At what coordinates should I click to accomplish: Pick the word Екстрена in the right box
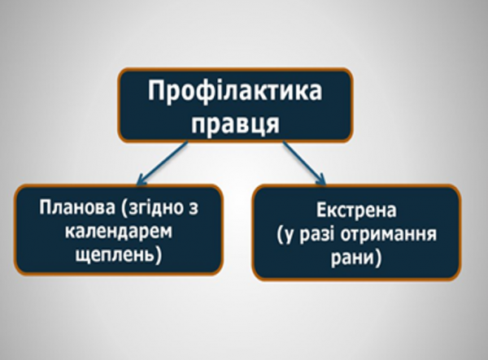pyautogui.click(x=356, y=214)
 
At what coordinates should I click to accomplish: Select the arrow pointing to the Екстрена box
pyautogui.click(x=305, y=163)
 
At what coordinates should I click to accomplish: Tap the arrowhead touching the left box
pyautogui.click(x=140, y=180)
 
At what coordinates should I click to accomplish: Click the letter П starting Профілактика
pyautogui.click(x=158, y=92)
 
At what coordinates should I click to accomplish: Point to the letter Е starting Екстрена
pyautogui.click(x=322, y=214)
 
